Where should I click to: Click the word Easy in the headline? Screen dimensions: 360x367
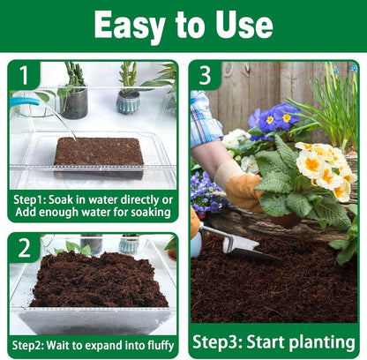coord(132,26)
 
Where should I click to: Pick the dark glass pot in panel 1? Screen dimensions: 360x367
coord(74,101)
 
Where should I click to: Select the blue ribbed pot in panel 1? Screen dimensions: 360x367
coord(129,101)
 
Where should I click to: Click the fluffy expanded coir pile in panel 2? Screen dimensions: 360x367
coord(97,281)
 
